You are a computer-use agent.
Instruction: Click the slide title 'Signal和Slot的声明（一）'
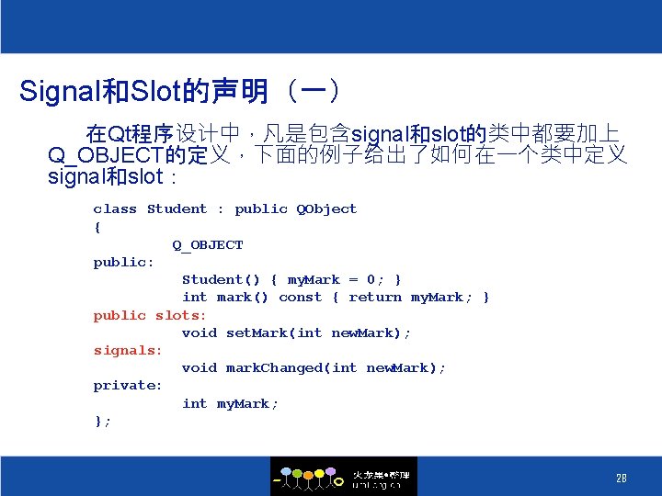182,91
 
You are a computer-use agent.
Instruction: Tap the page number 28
622,478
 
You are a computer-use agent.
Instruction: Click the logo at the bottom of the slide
343,477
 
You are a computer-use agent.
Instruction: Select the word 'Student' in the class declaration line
177,209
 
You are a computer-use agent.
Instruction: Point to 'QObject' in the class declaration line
325,209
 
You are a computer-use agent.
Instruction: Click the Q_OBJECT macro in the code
208,245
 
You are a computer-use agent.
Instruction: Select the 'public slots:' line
150,315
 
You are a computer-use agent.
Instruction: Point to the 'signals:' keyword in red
128,350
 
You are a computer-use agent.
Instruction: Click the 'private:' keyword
128,386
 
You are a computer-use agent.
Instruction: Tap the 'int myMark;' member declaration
230,404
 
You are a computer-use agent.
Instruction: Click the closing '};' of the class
102,421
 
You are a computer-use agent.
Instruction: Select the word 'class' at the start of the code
115,209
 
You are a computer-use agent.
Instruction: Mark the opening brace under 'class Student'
97,227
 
